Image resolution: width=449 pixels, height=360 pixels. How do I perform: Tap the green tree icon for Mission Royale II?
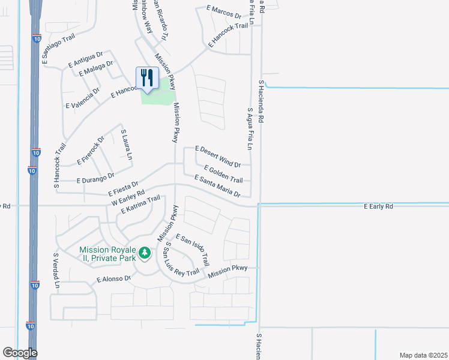click(144, 253)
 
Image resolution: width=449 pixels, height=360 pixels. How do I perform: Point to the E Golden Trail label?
click(223, 174)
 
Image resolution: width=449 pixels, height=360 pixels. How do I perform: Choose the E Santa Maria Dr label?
click(217, 186)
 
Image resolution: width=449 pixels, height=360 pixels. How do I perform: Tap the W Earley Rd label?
click(128, 197)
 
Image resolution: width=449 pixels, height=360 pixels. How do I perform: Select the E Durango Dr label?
click(95, 178)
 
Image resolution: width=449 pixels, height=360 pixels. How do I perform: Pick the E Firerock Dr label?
click(91, 151)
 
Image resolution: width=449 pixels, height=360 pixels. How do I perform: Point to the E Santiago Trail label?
click(58, 48)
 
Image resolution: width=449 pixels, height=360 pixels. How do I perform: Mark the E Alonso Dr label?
click(113, 279)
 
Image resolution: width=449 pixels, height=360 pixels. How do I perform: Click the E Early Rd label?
click(378, 206)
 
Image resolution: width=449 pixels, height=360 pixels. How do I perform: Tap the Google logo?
click(20, 353)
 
